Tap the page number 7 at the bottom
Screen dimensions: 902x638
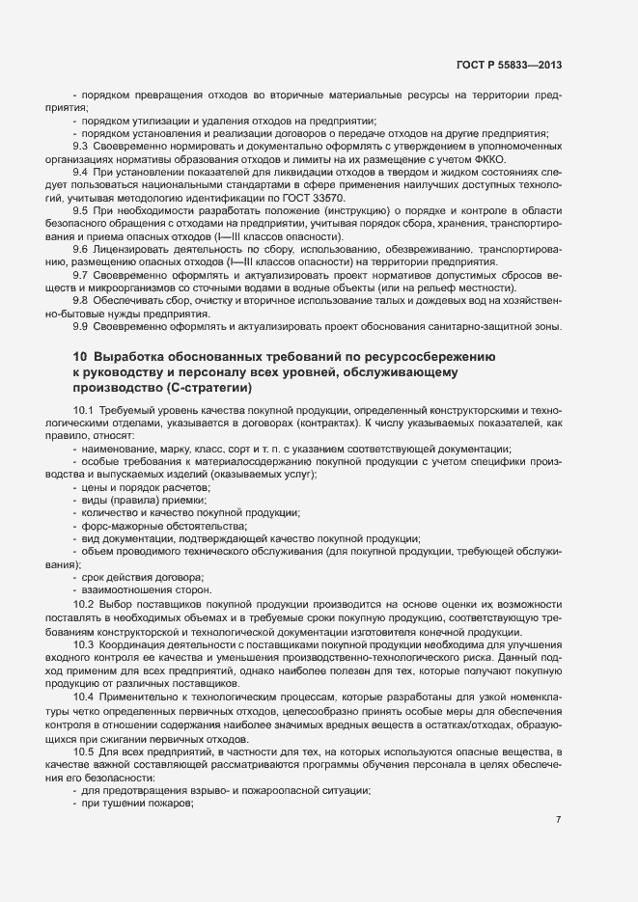pyautogui.click(x=559, y=766)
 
